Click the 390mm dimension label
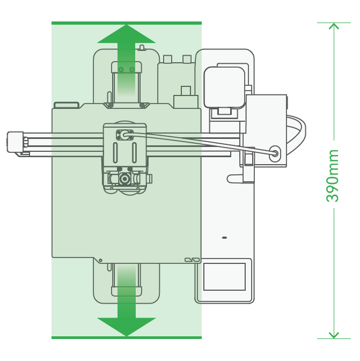pos(332,176)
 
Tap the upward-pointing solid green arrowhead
pos(127,34)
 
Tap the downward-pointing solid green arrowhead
pos(127,327)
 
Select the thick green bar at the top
pos(127,23)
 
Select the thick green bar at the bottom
pos(127,337)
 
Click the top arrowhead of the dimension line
pos(334,26)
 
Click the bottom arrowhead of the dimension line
pos(334,335)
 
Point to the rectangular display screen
pos(224,277)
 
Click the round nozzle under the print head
pos(124,179)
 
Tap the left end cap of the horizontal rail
pos(15,142)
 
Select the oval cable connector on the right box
pos(275,153)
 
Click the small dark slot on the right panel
pos(224,238)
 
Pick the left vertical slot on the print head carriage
pos(115,153)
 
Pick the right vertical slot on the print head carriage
pos(134,153)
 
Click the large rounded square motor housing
pos(225,87)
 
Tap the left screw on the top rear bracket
pos(121,69)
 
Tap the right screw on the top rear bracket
pos(132,69)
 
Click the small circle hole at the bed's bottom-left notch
pos(100,260)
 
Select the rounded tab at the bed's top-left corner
pos(67,105)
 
